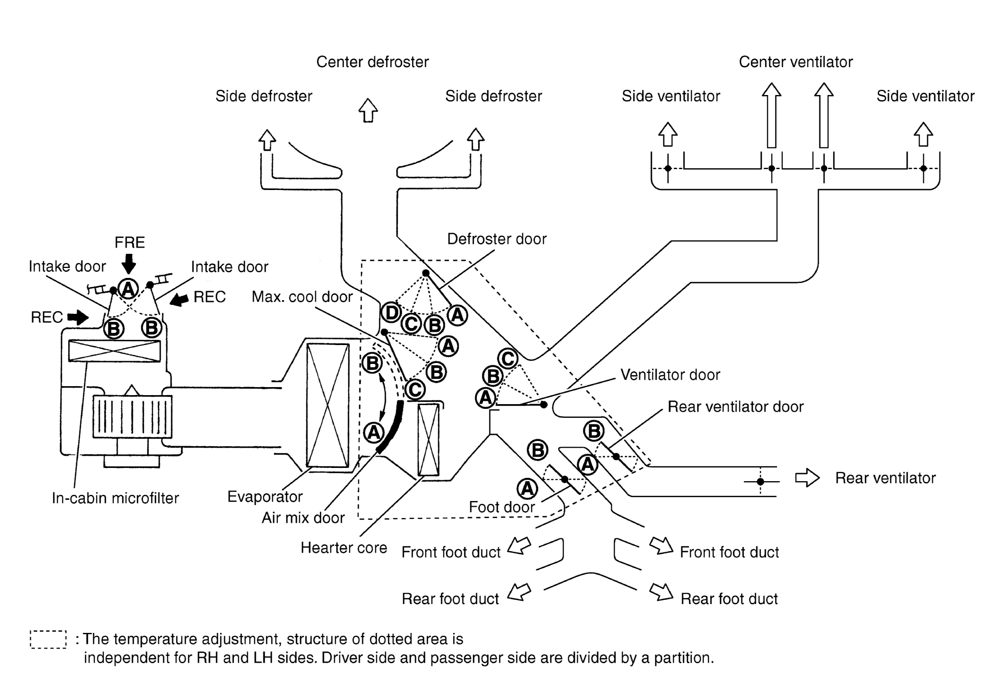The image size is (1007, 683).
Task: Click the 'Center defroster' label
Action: pyautogui.click(x=373, y=62)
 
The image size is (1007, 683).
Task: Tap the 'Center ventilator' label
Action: pyautogui.click(x=796, y=62)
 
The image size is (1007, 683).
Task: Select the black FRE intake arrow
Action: pyautogui.click(x=129, y=263)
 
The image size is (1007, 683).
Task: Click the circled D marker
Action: pyautogui.click(x=391, y=313)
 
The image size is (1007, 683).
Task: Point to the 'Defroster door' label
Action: pyautogui.click(x=497, y=239)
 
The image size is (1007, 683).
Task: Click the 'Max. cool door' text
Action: pyautogui.click(x=302, y=296)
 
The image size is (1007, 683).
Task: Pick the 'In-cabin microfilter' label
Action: pyautogui.click(x=115, y=498)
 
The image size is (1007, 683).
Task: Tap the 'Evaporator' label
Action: pyautogui.click(x=265, y=497)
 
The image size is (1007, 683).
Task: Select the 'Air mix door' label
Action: pyautogui.click(x=303, y=518)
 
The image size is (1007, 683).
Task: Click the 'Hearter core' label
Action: pyautogui.click(x=344, y=547)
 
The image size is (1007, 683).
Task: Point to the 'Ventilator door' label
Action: pyautogui.click(x=670, y=374)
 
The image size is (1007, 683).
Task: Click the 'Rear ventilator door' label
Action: pyautogui.click(x=736, y=406)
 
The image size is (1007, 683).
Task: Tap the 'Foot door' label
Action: pyautogui.click(x=502, y=507)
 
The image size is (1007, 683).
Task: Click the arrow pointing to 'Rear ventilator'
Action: pyautogui.click(x=807, y=477)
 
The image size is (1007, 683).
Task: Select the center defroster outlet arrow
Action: pyautogui.click(x=368, y=110)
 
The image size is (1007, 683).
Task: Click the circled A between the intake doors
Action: pyautogui.click(x=128, y=288)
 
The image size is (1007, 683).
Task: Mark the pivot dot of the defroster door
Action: pyautogui.click(x=425, y=273)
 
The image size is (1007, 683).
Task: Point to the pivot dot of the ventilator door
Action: pyautogui.click(x=544, y=405)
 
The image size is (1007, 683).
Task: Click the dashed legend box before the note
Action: pyautogui.click(x=48, y=640)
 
